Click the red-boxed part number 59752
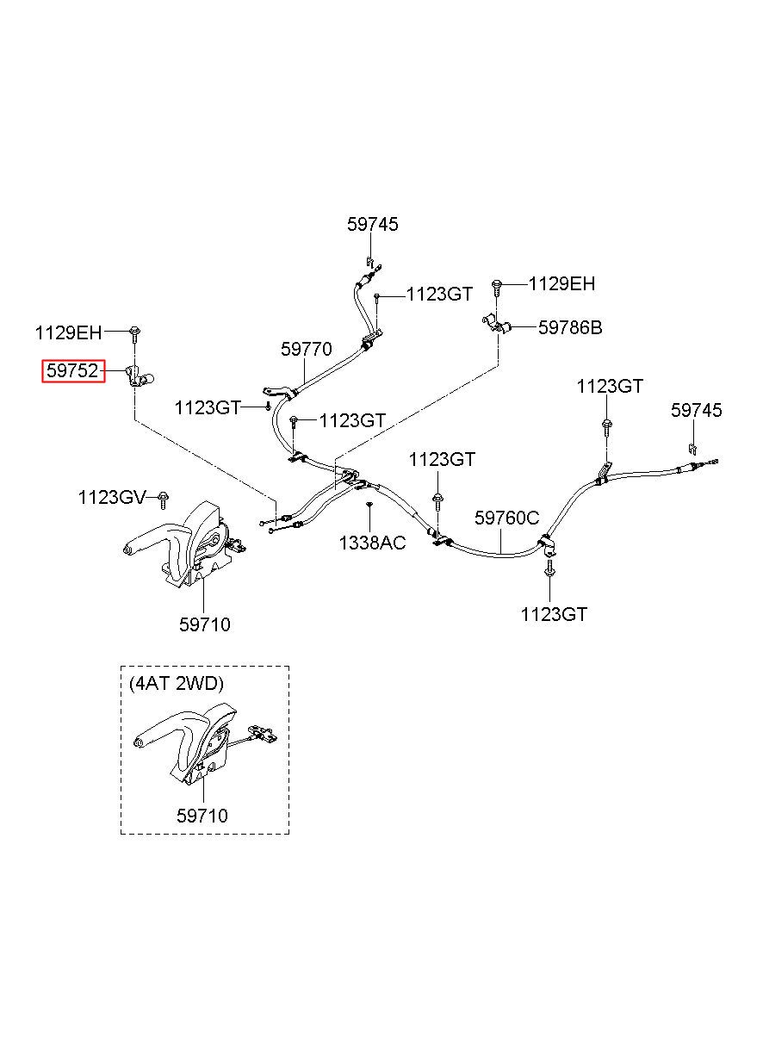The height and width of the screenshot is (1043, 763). (73, 371)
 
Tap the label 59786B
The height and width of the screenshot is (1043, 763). (570, 328)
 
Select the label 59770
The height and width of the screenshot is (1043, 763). (306, 349)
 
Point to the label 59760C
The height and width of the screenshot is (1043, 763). (507, 518)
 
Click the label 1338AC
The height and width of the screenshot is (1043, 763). (372, 543)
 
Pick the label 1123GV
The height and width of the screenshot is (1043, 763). (112, 497)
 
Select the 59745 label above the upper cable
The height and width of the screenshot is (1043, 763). (372, 225)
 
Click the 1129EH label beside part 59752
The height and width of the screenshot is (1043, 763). (68, 333)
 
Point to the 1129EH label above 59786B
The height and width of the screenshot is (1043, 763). (561, 283)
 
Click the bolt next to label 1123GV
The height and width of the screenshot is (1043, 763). (163, 500)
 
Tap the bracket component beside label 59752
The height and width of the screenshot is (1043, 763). (139, 376)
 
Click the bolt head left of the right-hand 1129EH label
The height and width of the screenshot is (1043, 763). (497, 284)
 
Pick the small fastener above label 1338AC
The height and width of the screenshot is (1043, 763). (369, 504)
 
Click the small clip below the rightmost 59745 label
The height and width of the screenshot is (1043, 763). (692, 450)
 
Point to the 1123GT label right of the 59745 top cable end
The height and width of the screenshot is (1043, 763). (439, 295)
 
